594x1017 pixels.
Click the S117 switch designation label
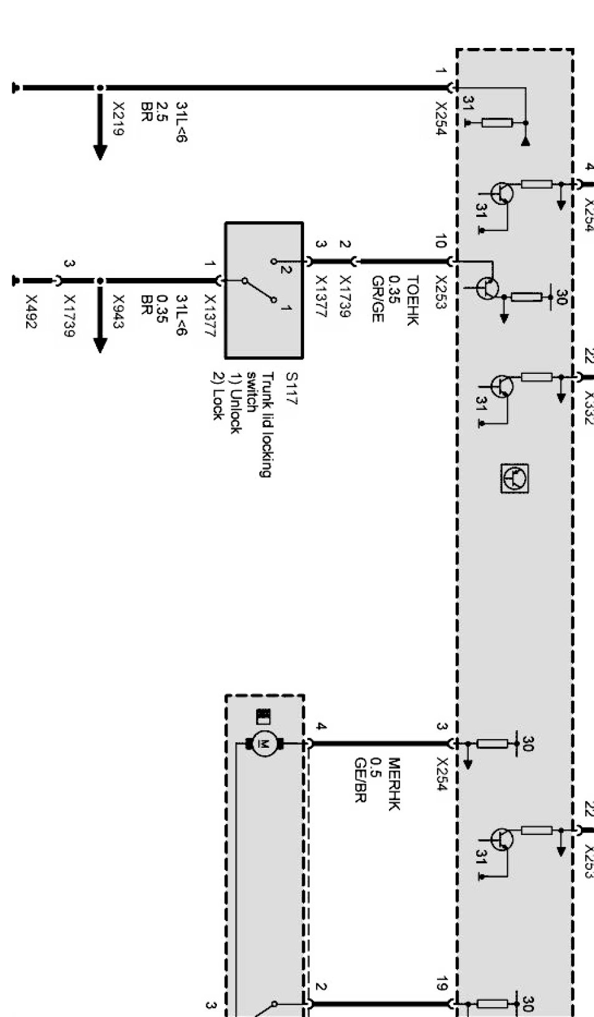[291, 389]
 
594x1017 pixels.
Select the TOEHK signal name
[413, 300]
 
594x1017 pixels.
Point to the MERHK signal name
[394, 784]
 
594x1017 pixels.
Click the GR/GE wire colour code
[377, 299]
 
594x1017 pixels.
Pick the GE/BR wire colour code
[359, 780]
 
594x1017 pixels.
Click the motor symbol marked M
[264, 743]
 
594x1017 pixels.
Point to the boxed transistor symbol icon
[515, 479]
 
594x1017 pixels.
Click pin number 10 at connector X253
[441, 242]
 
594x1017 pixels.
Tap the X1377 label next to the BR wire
[210, 317]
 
